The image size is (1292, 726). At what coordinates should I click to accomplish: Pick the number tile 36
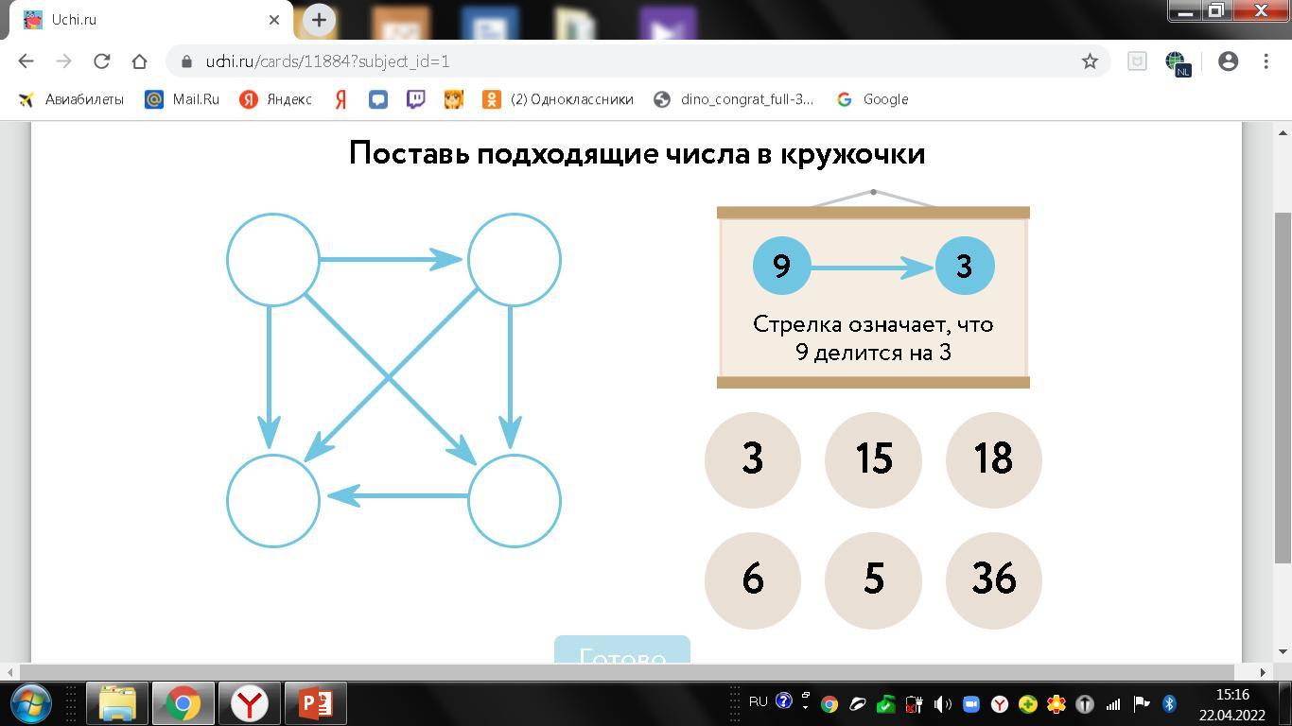click(993, 579)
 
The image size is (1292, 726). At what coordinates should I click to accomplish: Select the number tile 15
click(873, 459)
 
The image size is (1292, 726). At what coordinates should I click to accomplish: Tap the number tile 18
click(993, 459)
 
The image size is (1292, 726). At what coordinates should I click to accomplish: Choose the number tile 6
click(753, 579)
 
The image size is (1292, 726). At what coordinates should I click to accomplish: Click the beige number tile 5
click(873, 579)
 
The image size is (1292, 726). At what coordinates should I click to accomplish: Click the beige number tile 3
click(753, 459)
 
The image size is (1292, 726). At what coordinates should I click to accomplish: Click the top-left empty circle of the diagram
click(273, 260)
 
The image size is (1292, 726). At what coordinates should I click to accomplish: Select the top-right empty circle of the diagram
click(515, 260)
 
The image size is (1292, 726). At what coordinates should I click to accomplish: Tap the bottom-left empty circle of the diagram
click(273, 501)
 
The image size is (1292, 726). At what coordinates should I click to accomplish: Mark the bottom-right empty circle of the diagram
click(515, 501)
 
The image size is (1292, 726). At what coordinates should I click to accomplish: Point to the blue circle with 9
click(782, 267)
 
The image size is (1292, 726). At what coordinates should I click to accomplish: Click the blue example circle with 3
click(965, 267)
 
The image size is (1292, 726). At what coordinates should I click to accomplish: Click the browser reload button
click(101, 61)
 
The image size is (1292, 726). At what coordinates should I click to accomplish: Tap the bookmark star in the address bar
click(1090, 61)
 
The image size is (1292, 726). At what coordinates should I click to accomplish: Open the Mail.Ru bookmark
click(182, 99)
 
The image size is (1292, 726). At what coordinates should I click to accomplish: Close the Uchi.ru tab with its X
click(274, 19)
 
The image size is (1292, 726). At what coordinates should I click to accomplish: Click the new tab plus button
click(319, 19)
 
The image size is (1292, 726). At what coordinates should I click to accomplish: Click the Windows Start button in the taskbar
click(30, 703)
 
